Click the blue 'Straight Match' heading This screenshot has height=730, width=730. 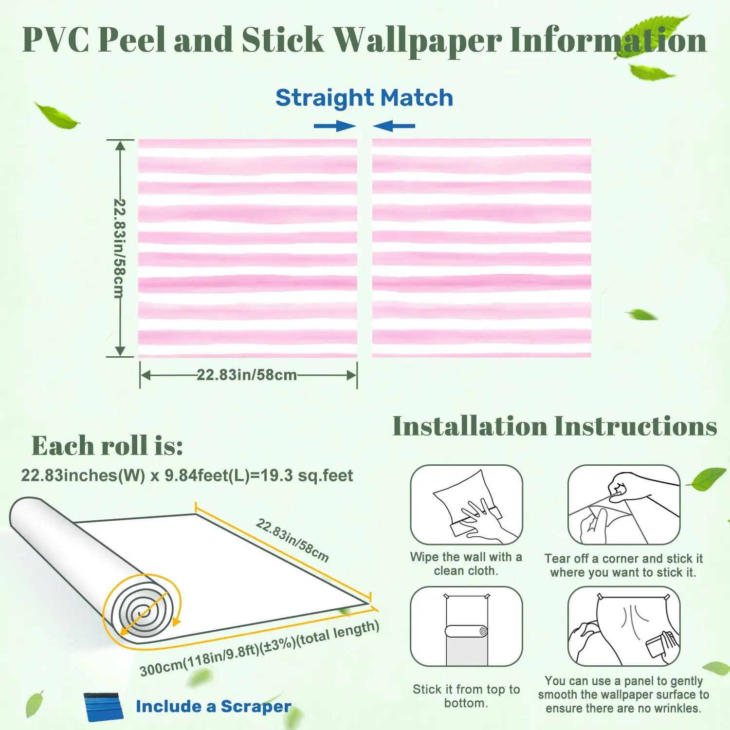(364, 98)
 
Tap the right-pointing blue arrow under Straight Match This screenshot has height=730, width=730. (335, 127)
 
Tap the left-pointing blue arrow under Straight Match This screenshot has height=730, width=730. (394, 127)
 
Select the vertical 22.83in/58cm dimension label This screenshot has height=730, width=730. (119, 248)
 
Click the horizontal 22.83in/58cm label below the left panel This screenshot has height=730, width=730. (247, 375)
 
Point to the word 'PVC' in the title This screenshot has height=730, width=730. (55, 40)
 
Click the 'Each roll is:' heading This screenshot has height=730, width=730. (107, 445)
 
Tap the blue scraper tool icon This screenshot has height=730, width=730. (104, 707)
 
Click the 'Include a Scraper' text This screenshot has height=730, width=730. (213, 707)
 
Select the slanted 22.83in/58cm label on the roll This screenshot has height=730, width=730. (292, 540)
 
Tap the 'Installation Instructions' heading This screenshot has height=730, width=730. (555, 427)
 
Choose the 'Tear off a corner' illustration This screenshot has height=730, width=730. (623, 505)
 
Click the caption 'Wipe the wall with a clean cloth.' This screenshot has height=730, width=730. (466, 564)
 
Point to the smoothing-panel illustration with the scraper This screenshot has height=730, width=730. (623, 626)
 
